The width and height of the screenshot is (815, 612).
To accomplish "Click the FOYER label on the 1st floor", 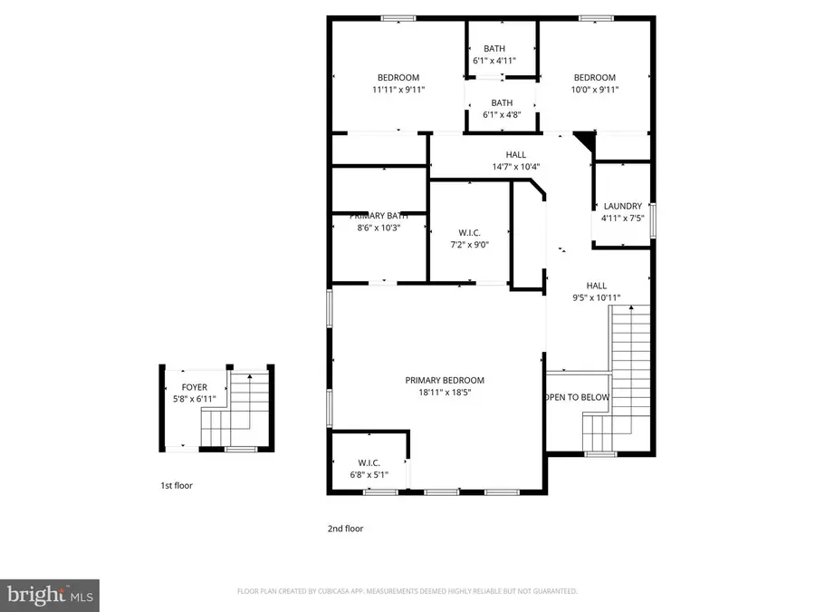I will [x=194, y=387].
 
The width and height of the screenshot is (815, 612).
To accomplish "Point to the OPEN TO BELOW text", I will [x=577, y=398].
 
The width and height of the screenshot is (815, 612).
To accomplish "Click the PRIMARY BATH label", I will [x=379, y=216].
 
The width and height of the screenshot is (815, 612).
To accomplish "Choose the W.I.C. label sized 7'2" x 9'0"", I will [x=468, y=232].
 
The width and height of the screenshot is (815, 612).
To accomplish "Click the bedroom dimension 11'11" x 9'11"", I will [x=398, y=90].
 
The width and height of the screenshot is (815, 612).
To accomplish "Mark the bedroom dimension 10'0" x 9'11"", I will [x=594, y=90].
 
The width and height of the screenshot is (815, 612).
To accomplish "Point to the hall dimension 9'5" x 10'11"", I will [x=595, y=297].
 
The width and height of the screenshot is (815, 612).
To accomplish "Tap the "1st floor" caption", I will [x=176, y=486].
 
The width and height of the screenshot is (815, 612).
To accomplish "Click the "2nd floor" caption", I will [x=345, y=529].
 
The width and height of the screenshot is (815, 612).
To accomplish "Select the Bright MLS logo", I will [x=50, y=596].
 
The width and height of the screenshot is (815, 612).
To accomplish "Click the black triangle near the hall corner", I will [x=584, y=141].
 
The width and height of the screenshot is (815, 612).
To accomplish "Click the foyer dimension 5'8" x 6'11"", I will [x=194, y=399].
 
